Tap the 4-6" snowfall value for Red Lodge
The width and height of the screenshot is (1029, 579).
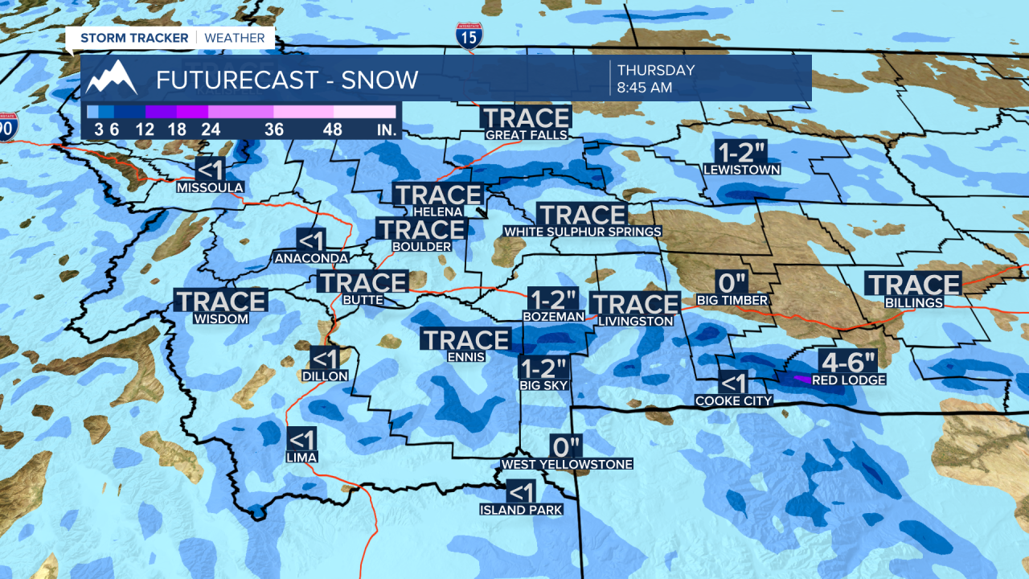coord(849,361)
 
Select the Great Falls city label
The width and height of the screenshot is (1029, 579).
coord(526,135)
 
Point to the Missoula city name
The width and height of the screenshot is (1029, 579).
coord(210,187)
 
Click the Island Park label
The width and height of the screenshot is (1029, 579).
coord(520,510)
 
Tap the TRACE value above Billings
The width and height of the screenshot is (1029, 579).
coord(913,284)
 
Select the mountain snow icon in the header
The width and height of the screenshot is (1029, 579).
coord(112,78)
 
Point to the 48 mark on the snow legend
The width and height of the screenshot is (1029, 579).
coord(333,129)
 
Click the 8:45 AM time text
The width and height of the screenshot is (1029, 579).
coord(645,88)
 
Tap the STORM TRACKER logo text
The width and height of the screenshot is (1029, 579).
coord(134,38)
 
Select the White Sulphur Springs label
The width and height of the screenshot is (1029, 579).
coord(582,232)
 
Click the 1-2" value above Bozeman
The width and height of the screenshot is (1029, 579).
coord(553,299)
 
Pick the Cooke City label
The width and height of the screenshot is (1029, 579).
coord(733,400)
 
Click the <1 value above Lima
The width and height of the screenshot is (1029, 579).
coord(301,439)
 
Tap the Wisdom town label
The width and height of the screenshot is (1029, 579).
coord(221,318)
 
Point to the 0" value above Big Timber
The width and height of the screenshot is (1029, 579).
coord(732,282)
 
